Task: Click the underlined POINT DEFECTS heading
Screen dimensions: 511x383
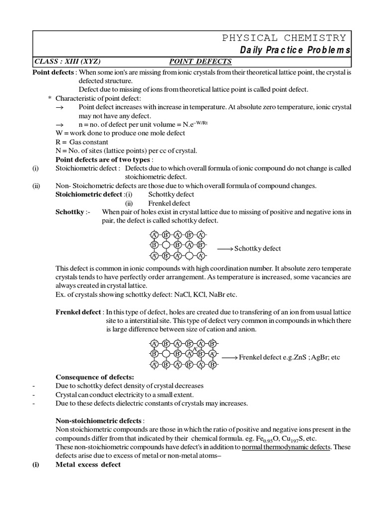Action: point(200,61)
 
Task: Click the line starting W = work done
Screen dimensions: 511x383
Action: point(120,133)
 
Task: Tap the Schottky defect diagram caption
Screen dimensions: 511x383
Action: point(258,248)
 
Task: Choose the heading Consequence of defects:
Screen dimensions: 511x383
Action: point(95,376)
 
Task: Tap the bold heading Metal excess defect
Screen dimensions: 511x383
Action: point(88,464)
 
